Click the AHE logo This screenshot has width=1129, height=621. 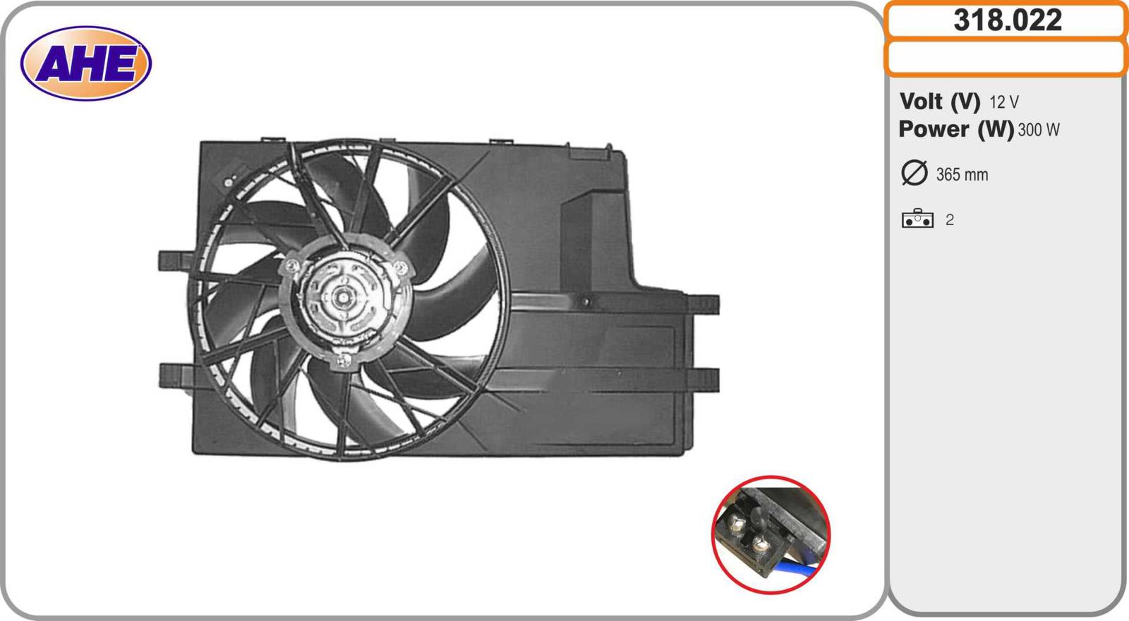click(x=85, y=63)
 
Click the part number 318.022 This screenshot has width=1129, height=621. click(x=1008, y=20)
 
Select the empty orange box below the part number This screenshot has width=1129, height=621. click(x=1006, y=58)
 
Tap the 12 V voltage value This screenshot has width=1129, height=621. click(x=1004, y=102)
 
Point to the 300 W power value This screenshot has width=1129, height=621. click(x=1038, y=130)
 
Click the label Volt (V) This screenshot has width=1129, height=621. click(x=939, y=102)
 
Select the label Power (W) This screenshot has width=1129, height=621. click(x=956, y=130)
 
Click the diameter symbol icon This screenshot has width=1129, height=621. click(x=914, y=173)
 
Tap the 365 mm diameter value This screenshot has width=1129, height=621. click(x=962, y=175)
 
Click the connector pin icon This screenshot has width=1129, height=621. click(x=917, y=219)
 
